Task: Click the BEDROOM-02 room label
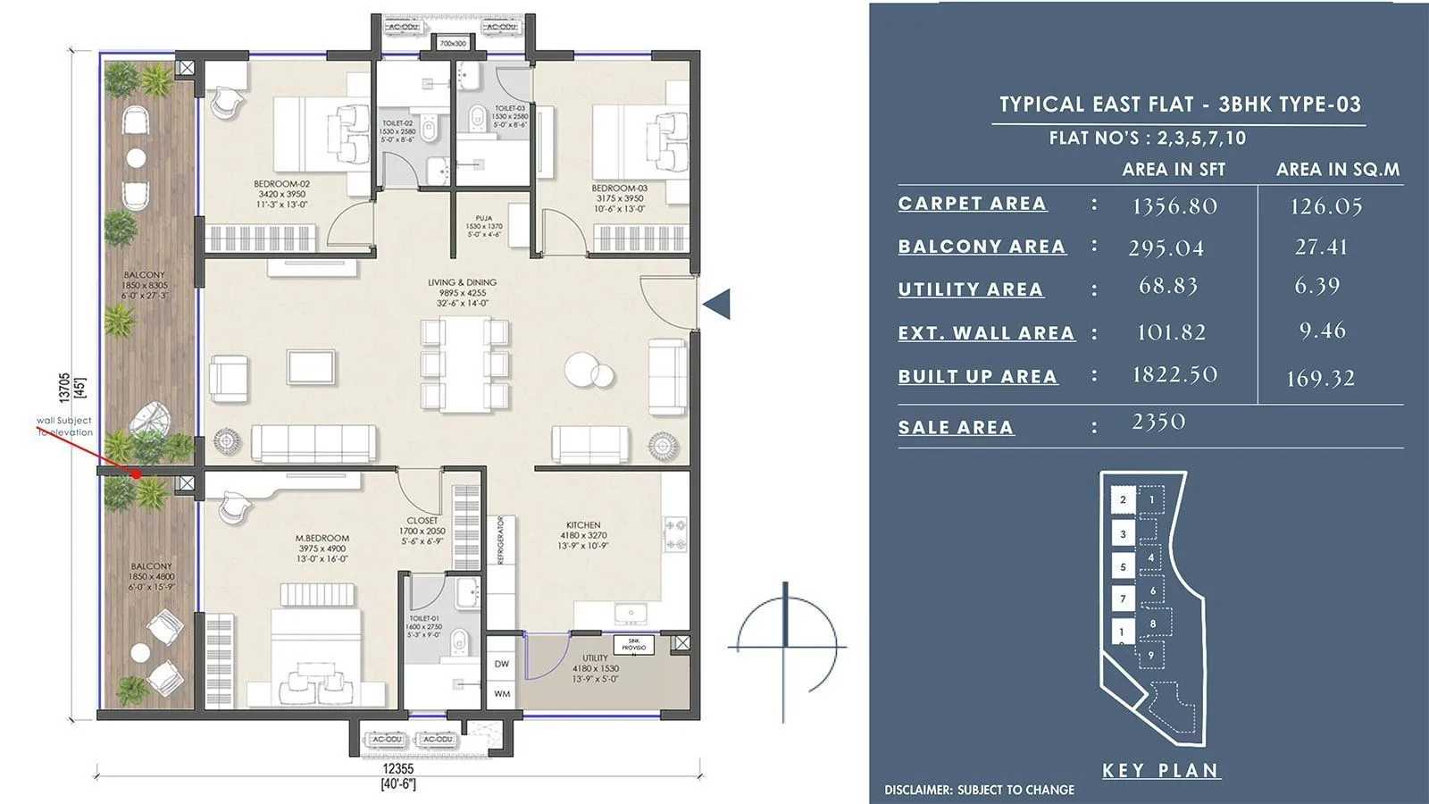[x=281, y=184]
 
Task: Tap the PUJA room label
[x=483, y=218]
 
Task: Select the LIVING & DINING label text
[x=462, y=282]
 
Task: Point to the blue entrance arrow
[x=717, y=304]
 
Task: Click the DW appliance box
[x=502, y=664]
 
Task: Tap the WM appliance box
[x=502, y=693]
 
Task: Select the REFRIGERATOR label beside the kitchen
[x=501, y=540]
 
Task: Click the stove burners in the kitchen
[x=676, y=534]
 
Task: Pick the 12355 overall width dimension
[x=397, y=768]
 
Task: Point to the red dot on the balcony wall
[x=137, y=474]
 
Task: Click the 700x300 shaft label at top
[x=453, y=43]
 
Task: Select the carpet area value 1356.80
[x=1174, y=206]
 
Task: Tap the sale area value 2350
[x=1158, y=422]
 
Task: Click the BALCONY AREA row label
[x=982, y=247]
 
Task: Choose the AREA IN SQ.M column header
[x=1337, y=170]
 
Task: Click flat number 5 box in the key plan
[x=1123, y=566]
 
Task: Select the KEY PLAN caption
[x=1160, y=770]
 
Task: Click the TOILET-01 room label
[x=424, y=618]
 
